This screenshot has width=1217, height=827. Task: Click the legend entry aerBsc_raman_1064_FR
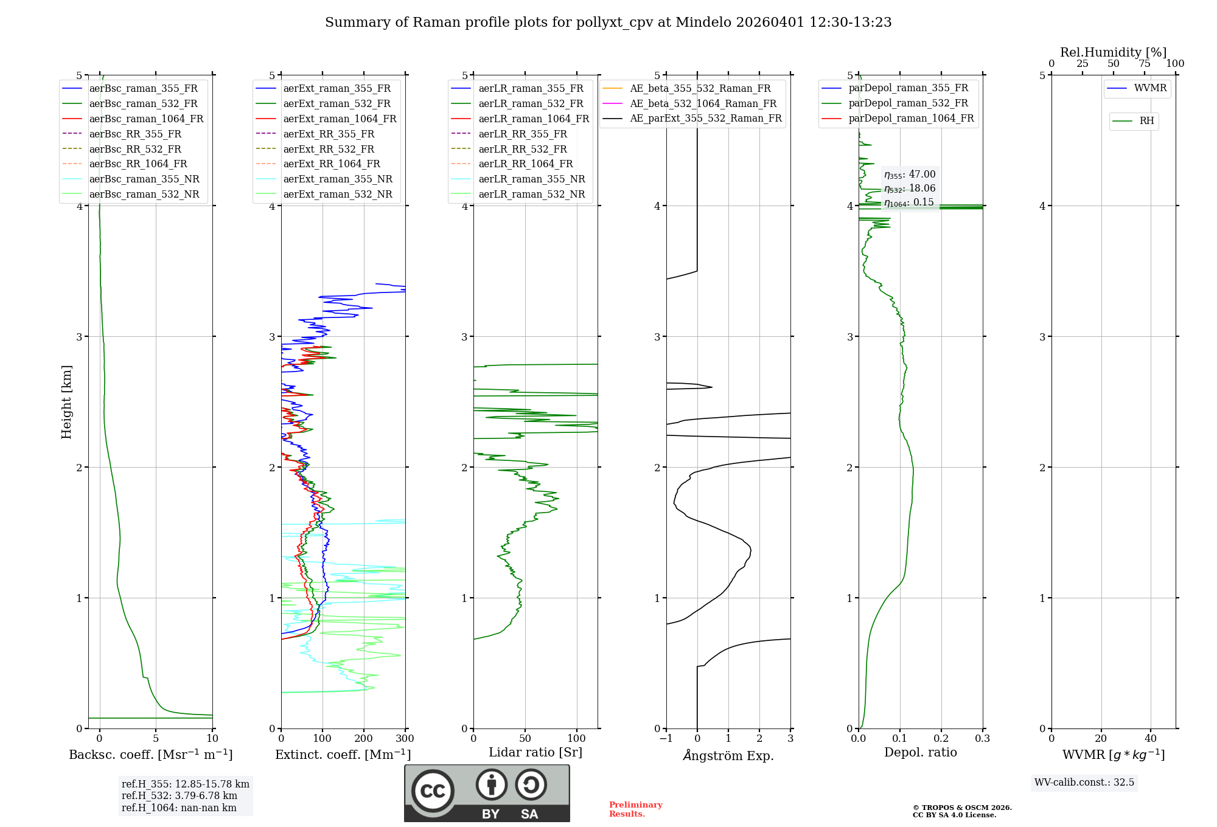(146, 119)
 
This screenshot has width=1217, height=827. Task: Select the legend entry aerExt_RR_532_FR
(329, 149)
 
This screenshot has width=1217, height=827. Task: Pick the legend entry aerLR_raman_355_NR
(531, 179)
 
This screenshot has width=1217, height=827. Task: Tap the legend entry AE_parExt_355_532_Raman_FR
(705, 119)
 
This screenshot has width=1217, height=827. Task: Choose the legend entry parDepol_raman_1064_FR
(911, 119)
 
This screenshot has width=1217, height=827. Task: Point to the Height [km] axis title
(67, 402)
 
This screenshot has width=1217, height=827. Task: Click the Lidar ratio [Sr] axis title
(535, 753)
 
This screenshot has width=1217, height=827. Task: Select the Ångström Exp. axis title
(728, 756)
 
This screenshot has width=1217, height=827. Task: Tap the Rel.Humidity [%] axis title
(1113, 52)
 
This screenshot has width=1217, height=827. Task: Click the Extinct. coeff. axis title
(343, 755)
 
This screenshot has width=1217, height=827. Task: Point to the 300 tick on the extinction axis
(405, 739)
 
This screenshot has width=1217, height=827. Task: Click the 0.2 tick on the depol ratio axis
(941, 739)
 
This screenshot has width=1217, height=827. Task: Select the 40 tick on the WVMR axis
(1151, 739)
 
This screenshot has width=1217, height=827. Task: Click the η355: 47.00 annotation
(910, 175)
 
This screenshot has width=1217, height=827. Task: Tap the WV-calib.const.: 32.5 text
(1084, 783)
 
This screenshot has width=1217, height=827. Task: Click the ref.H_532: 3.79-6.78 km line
(180, 796)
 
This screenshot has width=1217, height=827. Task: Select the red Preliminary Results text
(635, 809)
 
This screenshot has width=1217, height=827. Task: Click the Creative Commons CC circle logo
(433, 791)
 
